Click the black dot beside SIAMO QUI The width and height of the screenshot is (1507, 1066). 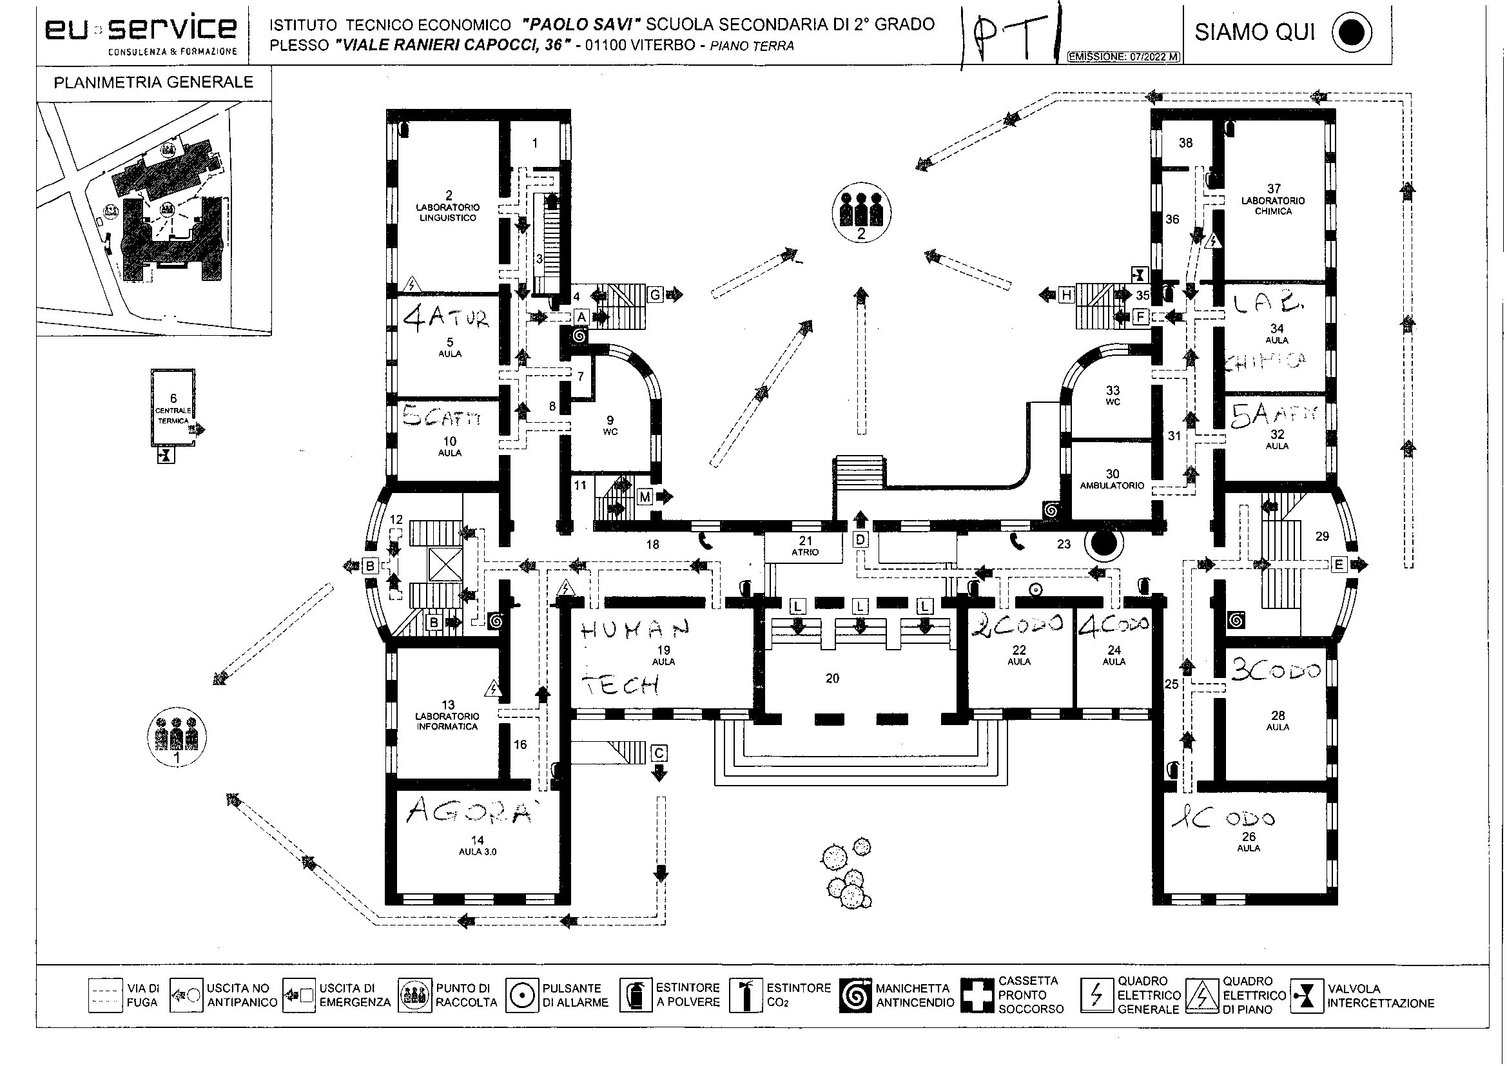pos(1352,33)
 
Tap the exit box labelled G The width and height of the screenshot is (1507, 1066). pos(655,295)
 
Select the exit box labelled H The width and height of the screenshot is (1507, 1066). pos(1067,295)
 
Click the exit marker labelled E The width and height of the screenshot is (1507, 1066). pos(1339,564)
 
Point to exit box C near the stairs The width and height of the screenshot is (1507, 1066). pos(658,752)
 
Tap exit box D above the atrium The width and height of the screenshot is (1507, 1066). pos(860,539)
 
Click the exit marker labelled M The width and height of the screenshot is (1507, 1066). pos(645,497)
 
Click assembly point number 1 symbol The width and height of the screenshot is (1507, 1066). pos(176,738)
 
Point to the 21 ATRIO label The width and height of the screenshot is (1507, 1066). pos(804,545)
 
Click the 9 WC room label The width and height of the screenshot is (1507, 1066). pos(610,425)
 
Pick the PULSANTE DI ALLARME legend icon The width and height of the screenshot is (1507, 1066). pos(522,996)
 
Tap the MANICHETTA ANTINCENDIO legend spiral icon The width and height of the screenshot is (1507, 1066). pos(855,996)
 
